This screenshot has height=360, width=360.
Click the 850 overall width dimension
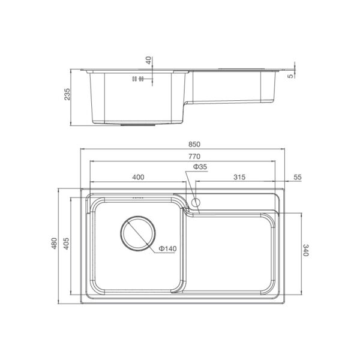tap(194, 145)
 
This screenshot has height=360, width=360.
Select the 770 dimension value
tap(194, 157)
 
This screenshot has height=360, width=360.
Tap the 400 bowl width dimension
tap(138, 177)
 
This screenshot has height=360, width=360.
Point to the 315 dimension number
tap(239, 177)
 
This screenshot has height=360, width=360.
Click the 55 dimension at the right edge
tap(298, 177)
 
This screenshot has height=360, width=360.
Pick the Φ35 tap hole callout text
tap(200, 167)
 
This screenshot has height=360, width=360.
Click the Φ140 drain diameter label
tap(168, 248)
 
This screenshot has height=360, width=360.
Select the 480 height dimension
tap(54, 244)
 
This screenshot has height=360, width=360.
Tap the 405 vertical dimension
tap(66, 244)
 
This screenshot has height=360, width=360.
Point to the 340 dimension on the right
tap(306, 250)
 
